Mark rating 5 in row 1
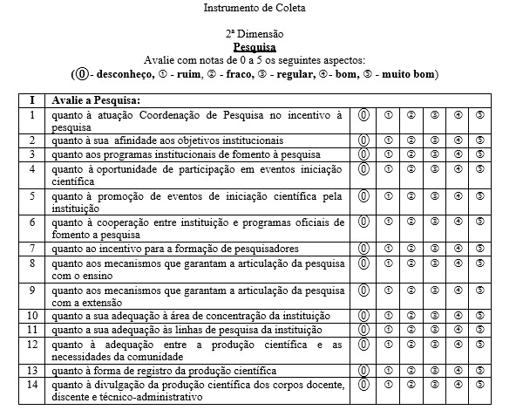[x=480, y=114]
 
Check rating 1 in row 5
[x=388, y=195]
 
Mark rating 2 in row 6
[x=411, y=222]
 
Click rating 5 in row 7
[x=480, y=249]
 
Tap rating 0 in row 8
[x=364, y=263]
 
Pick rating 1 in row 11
[x=388, y=330]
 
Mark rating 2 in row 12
[x=411, y=344]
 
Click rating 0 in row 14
[x=364, y=384]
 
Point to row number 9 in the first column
[x=31, y=289]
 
